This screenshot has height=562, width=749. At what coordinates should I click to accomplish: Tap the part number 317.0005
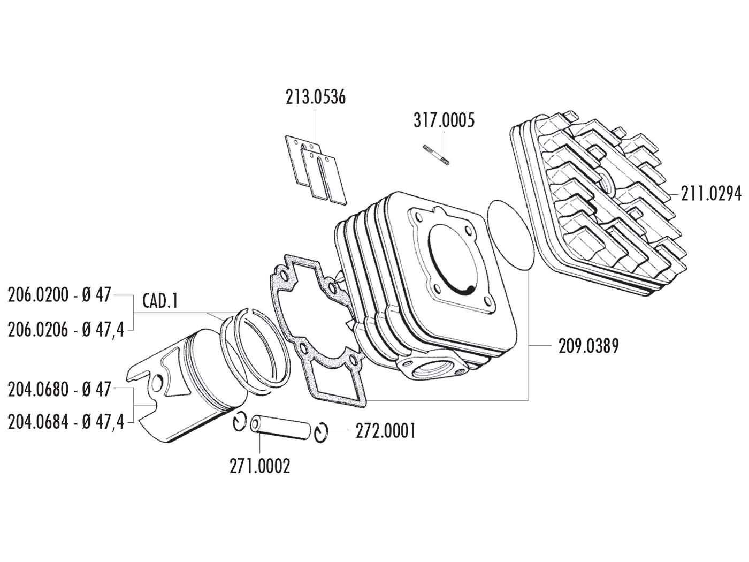point(444,120)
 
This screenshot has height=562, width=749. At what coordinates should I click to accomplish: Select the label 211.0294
point(711,194)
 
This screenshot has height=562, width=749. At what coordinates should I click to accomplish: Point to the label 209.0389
point(588,347)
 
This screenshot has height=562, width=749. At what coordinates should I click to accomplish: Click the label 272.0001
point(385,431)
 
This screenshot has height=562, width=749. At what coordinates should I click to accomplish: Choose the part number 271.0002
point(260,466)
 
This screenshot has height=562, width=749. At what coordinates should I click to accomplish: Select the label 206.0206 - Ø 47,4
point(66,330)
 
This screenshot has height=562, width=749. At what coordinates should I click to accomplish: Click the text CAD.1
point(159,302)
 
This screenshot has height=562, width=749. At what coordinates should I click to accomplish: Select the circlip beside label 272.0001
point(322,433)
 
